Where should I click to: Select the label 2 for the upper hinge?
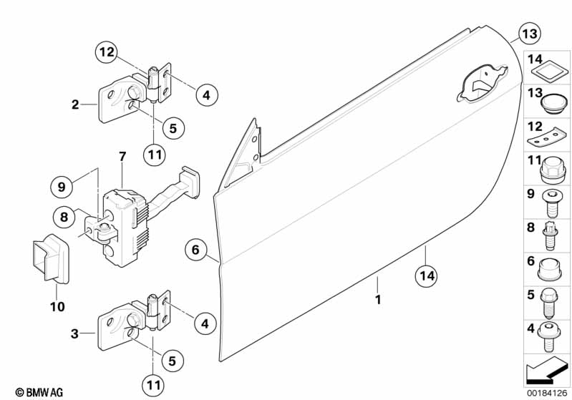[75, 105]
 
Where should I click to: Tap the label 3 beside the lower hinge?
[75, 333]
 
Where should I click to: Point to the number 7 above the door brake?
[122, 156]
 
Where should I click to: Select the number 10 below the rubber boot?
[57, 307]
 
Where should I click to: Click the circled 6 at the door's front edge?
[194, 250]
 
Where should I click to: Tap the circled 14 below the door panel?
[426, 273]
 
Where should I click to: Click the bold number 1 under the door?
[378, 300]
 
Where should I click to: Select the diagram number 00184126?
[547, 391]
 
